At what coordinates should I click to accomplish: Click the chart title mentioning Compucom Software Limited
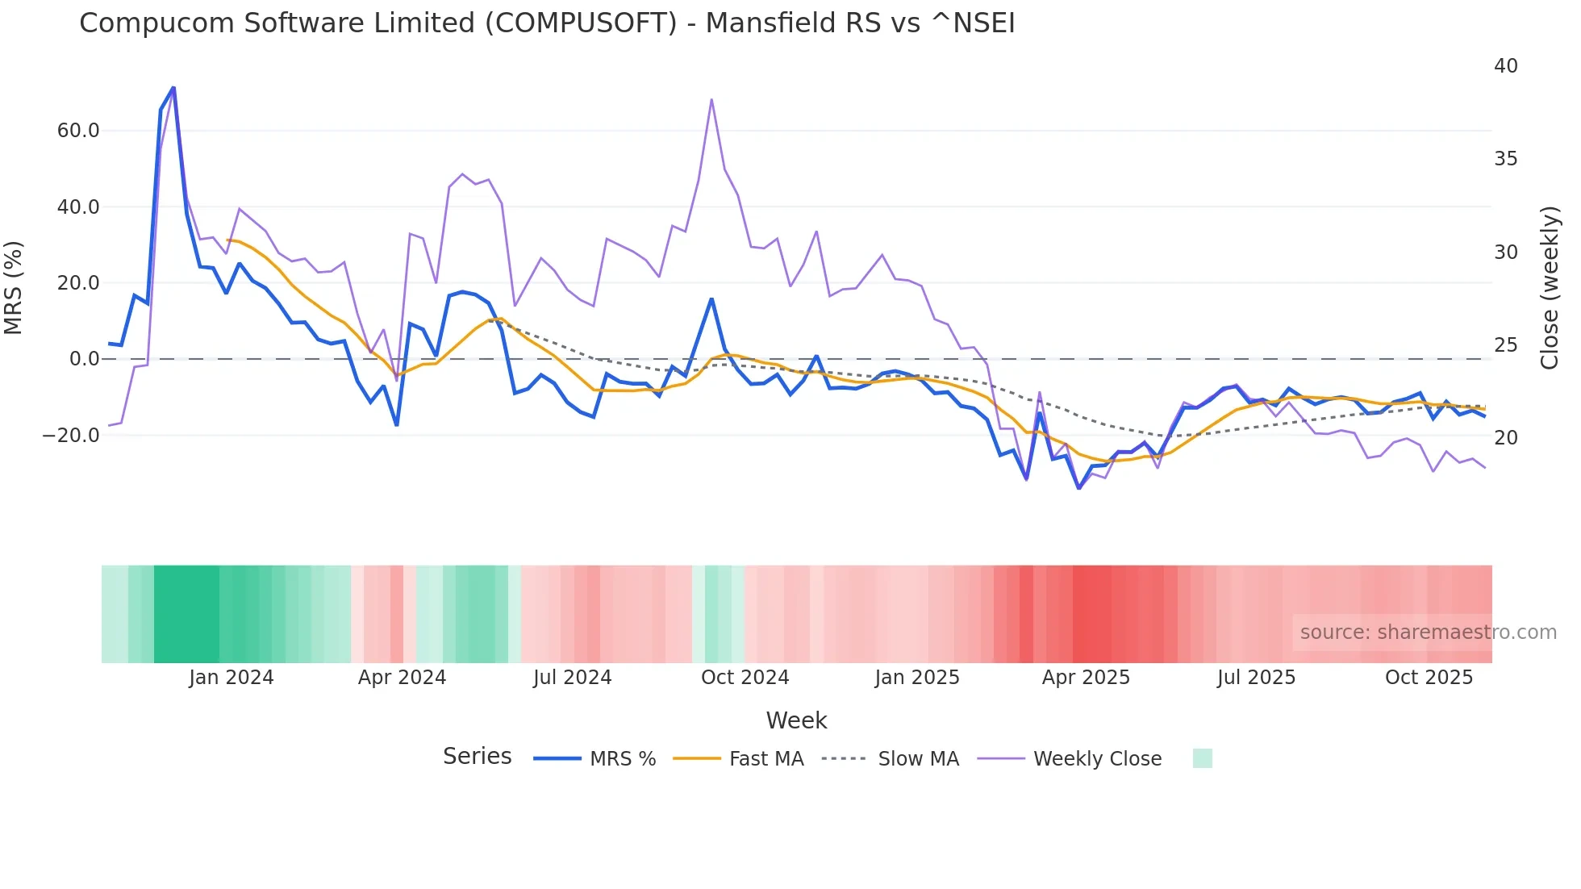tap(547, 23)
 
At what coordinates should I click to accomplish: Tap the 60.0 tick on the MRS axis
tap(78, 131)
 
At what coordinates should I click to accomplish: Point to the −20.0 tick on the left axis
tap(71, 436)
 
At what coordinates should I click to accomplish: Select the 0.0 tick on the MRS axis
tap(84, 359)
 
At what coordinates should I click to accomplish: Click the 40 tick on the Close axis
tap(1505, 66)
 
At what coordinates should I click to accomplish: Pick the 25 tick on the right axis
tap(1505, 345)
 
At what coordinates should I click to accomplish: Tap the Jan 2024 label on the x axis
tap(232, 678)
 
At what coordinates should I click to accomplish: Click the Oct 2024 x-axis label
tap(745, 678)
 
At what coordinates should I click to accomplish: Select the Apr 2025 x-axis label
tap(1086, 678)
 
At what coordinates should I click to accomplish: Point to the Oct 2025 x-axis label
tap(1429, 678)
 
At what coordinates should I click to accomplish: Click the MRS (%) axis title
tap(14, 288)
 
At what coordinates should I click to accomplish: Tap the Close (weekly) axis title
tap(1550, 288)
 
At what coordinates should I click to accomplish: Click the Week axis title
tap(796, 720)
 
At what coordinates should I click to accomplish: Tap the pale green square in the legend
tap(1202, 759)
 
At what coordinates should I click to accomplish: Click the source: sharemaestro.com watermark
tap(1428, 632)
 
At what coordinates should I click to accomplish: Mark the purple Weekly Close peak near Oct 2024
tap(711, 100)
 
